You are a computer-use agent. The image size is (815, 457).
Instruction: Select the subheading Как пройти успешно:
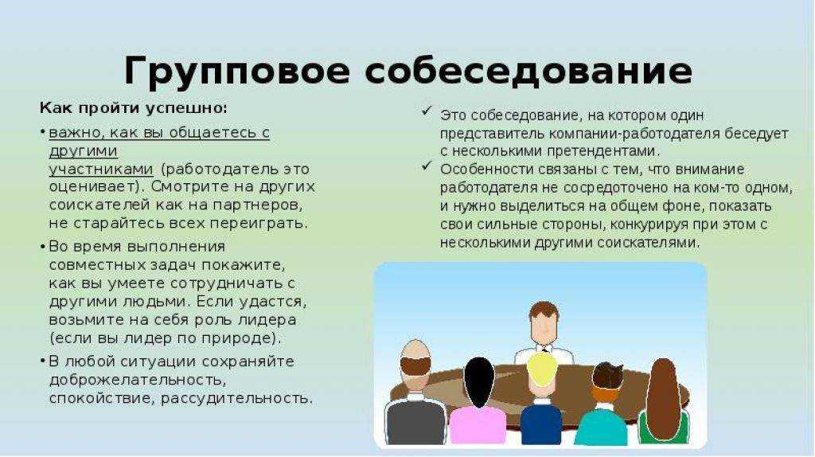pos(134,108)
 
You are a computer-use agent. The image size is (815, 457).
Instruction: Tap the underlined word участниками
pos(101,169)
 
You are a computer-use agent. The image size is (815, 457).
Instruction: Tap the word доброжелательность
pos(138,381)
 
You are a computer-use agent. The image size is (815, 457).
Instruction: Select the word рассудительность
pos(236,399)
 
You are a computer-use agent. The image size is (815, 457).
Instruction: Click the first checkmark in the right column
pos(427,111)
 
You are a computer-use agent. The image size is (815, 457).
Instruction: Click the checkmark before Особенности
pos(427,166)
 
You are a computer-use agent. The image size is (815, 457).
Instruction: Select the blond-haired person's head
pos(542,369)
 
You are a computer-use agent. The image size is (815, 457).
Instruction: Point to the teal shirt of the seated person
pos(602,426)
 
